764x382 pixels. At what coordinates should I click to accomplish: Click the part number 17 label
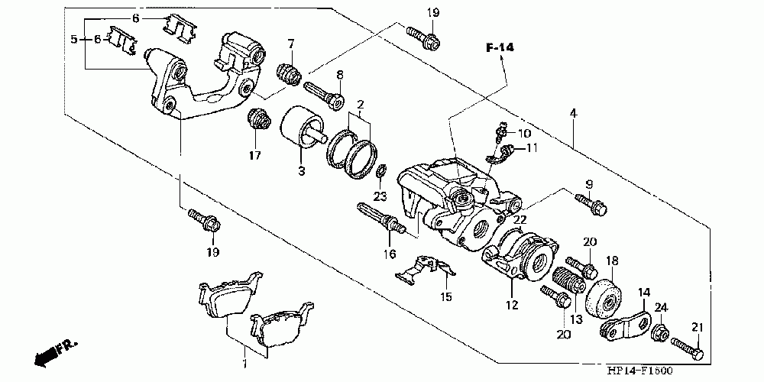[255, 155]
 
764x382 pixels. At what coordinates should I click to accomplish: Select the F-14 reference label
[500, 47]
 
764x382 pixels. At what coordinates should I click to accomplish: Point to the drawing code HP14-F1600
[639, 371]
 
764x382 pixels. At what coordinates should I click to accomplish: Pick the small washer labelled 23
[382, 171]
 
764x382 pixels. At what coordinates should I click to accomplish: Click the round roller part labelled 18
[604, 299]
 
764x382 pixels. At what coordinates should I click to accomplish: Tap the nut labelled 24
[659, 333]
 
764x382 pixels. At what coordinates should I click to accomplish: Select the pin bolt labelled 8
[324, 95]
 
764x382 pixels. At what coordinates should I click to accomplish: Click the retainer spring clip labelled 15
[425, 270]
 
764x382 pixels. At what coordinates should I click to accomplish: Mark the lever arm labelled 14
[625, 324]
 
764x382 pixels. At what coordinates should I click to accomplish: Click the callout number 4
[573, 115]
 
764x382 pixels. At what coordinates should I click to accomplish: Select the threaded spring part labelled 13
[568, 280]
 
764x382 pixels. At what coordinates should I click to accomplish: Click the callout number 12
[512, 306]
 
